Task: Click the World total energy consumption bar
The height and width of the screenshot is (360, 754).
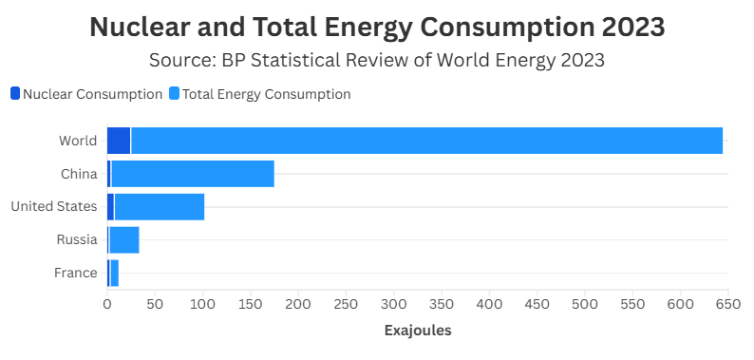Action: click(427, 141)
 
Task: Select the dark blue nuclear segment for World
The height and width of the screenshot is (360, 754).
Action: click(119, 141)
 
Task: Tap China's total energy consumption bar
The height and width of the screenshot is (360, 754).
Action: click(193, 174)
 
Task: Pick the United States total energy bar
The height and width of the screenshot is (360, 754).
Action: click(160, 207)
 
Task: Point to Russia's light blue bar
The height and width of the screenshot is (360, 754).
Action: click(124, 239)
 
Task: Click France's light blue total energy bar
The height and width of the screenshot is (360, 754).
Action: click(115, 273)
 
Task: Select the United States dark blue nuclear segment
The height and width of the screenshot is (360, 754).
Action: click(110, 207)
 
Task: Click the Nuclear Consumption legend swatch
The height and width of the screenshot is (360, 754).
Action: click(15, 93)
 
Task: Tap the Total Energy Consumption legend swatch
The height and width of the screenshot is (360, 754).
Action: click(174, 93)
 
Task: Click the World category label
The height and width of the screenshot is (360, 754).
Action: click(78, 141)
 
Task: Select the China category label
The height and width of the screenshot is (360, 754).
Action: click(79, 174)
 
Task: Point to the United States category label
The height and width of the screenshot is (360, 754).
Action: click(54, 207)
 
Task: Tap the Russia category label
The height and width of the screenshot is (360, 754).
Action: click(77, 239)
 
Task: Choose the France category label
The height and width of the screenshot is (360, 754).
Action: click(76, 273)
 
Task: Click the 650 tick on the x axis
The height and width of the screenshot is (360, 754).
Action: click(728, 304)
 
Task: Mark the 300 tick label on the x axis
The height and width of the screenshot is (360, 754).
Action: click(394, 304)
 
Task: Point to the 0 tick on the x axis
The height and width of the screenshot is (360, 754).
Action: click(107, 304)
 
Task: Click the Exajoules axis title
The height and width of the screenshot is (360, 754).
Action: click(418, 331)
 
